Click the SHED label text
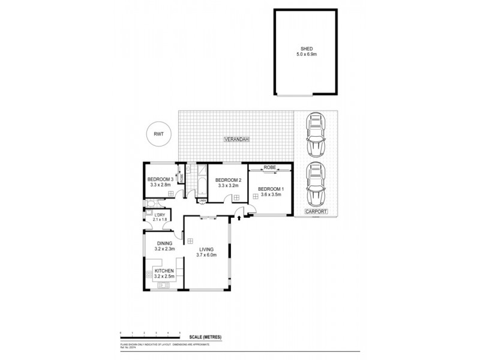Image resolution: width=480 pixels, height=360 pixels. point(306,49)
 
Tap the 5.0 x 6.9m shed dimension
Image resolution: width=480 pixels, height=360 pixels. point(306,55)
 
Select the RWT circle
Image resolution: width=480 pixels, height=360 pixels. point(159,133)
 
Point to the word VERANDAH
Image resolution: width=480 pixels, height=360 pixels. point(236,139)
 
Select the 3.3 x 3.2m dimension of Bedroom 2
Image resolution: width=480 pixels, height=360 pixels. point(227,186)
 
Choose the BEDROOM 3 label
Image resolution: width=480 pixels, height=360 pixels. point(160,179)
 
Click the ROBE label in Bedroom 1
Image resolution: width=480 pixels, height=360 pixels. point(269,167)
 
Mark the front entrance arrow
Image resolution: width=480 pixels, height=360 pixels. point(239,218)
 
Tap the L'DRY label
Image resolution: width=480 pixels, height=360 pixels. point(160,215)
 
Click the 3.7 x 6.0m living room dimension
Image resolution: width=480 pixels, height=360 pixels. point(206,255)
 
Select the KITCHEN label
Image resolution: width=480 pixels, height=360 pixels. point(164,271)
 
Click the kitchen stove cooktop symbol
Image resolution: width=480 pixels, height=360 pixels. point(148,275)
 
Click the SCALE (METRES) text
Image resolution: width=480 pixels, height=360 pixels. point(205,338)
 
